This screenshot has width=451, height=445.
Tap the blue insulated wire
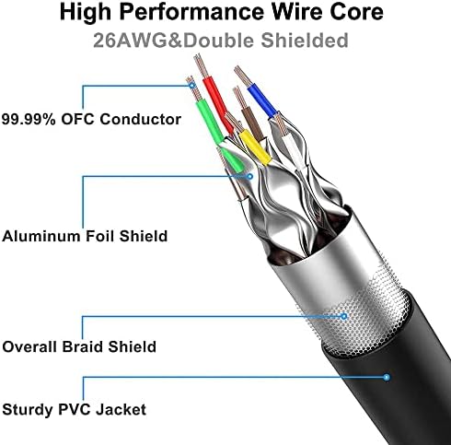point(261,98)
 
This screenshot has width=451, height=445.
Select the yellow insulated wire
point(255,147)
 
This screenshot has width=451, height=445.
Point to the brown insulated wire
point(253,124)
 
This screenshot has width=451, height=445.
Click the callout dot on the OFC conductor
point(192,86)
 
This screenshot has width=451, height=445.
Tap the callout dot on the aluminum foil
point(250,176)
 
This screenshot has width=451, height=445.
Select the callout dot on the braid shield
point(344,316)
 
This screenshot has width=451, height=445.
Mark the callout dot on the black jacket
point(387,377)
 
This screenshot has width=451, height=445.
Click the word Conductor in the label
point(140,119)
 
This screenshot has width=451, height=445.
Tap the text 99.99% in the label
point(29,119)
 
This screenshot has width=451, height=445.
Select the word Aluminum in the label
point(41,236)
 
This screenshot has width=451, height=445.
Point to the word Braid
point(82,346)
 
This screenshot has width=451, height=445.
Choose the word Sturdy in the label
point(28,410)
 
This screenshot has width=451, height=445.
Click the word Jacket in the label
point(121,410)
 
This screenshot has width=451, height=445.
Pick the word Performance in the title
point(191,11)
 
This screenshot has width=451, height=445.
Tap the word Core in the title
point(356,11)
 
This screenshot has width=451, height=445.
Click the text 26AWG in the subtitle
point(131,41)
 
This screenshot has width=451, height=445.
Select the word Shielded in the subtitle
point(305,41)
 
